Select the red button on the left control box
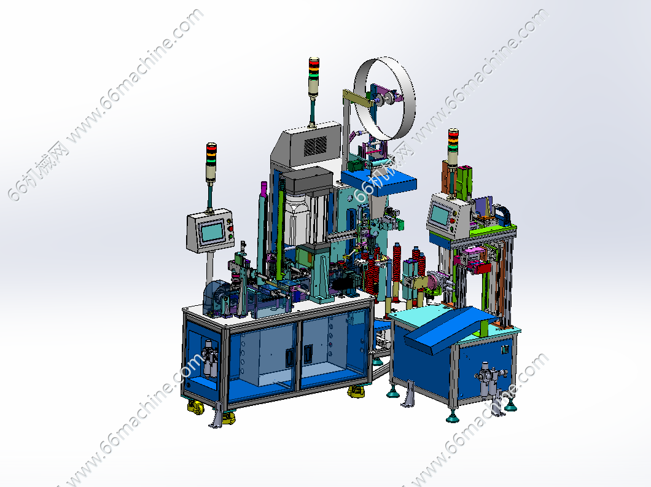[x=230, y=228]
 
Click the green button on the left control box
[x=230, y=236]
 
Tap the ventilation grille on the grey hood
[x=316, y=146]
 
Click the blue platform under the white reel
[x=379, y=181]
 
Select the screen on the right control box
[x=440, y=215]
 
